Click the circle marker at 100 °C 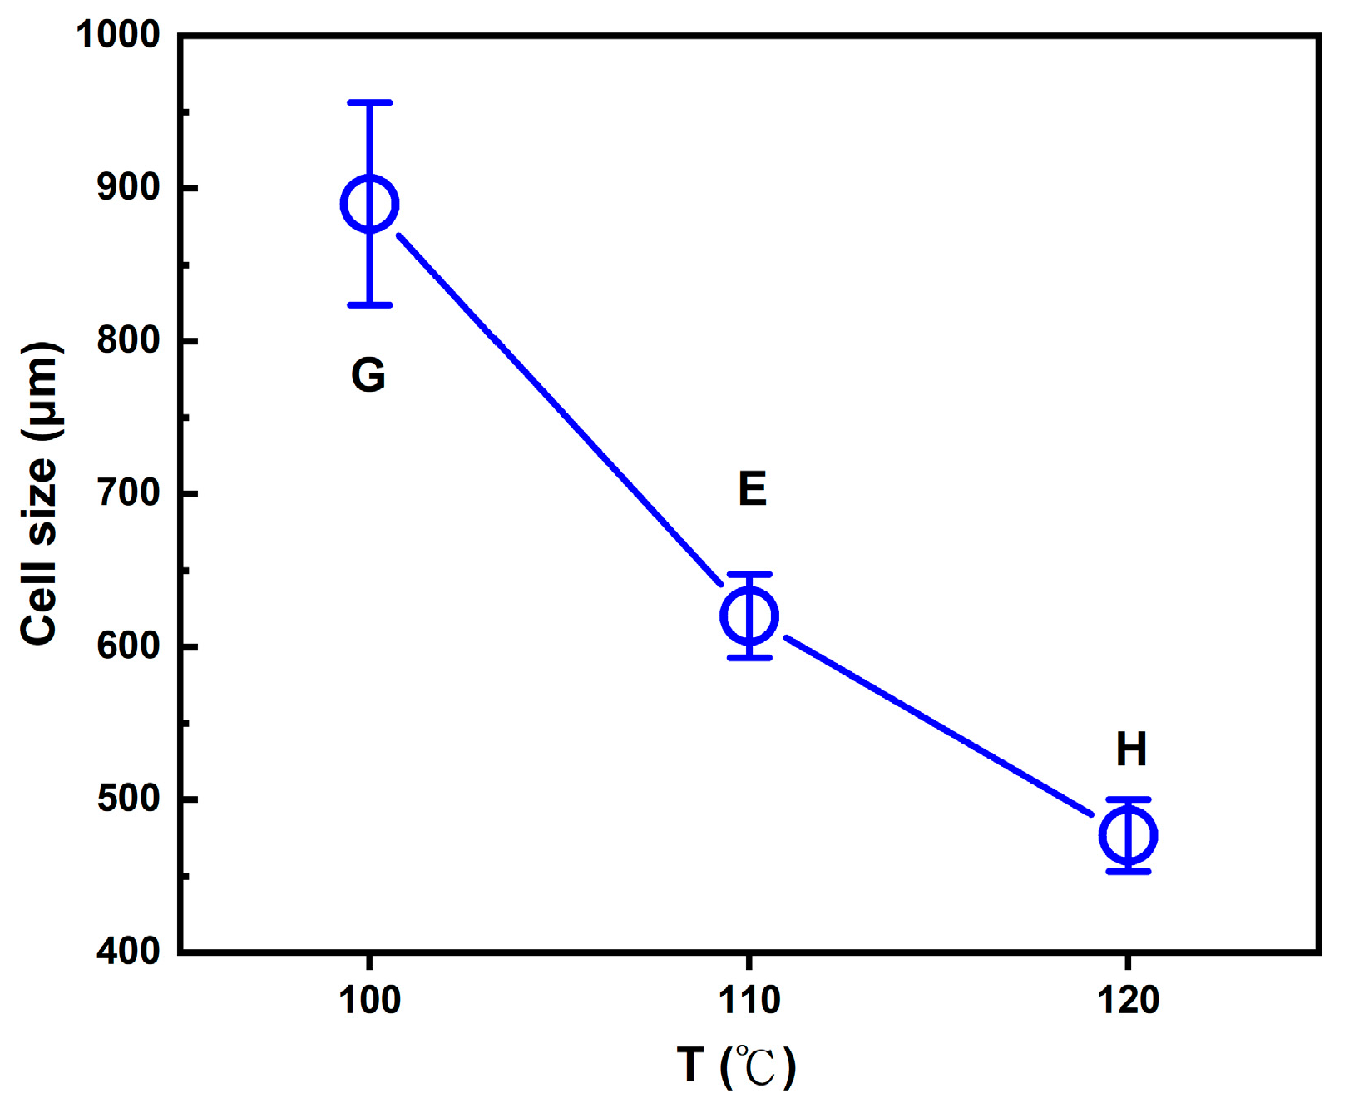(x=370, y=204)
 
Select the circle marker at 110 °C (x=749, y=616)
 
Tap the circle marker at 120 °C (x=1129, y=834)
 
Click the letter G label (x=368, y=375)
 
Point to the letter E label (x=752, y=489)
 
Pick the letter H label (x=1131, y=749)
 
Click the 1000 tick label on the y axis (x=118, y=35)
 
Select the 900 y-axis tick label (x=128, y=188)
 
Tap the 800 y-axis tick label (x=128, y=340)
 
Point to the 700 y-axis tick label (x=128, y=493)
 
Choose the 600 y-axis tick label (x=128, y=646)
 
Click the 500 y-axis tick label (x=128, y=799)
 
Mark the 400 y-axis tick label (x=128, y=951)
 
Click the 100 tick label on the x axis (x=369, y=1000)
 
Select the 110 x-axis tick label (x=749, y=1000)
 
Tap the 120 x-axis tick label (x=1129, y=1000)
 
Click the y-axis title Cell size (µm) (x=40, y=492)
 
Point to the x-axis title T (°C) (x=737, y=1066)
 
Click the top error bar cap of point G (x=370, y=102)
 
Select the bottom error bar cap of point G (x=370, y=305)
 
